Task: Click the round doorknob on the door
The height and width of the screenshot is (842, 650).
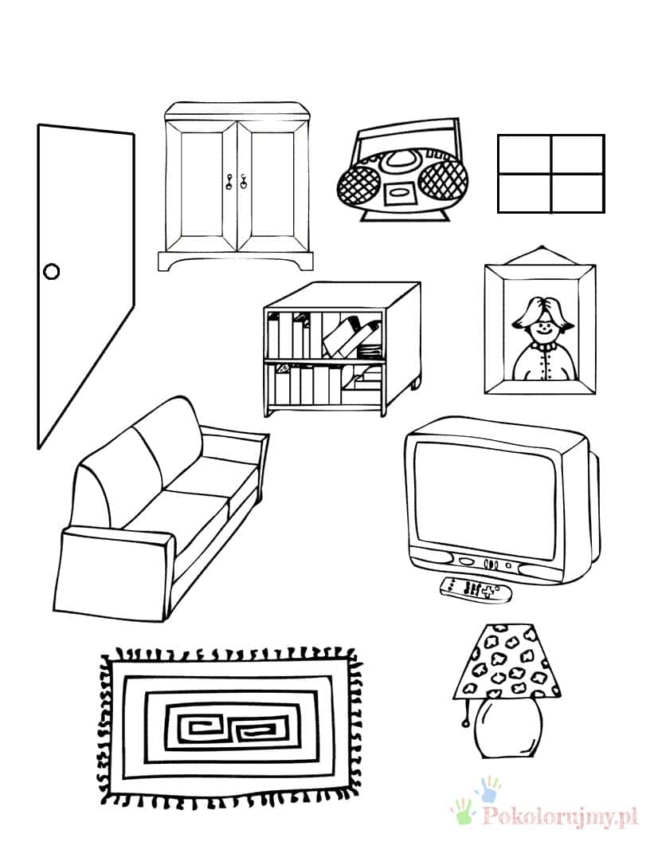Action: pos(51,272)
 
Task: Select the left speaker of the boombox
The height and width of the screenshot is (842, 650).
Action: pos(358,183)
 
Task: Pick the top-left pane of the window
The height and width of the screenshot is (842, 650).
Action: pos(525,155)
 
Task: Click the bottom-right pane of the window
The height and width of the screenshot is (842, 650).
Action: pos(578,192)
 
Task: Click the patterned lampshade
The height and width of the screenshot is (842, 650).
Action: pos(507,662)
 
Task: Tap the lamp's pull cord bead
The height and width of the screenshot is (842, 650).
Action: pos(464,723)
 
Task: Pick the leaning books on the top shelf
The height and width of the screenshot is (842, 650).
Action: pos(351,336)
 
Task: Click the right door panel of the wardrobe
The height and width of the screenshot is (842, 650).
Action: pos(272,185)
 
